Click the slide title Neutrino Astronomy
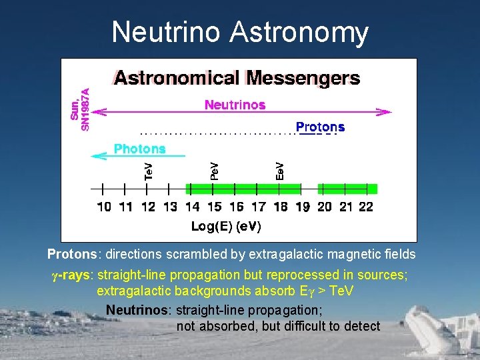tap(240, 32)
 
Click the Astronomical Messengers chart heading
tap(237, 79)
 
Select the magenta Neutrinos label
tap(235, 105)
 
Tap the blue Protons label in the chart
tap(320, 127)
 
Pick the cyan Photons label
tap(139, 149)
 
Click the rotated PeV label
tap(214, 170)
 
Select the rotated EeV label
tap(280, 170)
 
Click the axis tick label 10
tap(104, 207)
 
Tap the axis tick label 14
tap(192, 207)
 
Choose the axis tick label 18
tap(280, 207)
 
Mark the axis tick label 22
tap(366, 207)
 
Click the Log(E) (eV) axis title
tap(226, 227)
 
